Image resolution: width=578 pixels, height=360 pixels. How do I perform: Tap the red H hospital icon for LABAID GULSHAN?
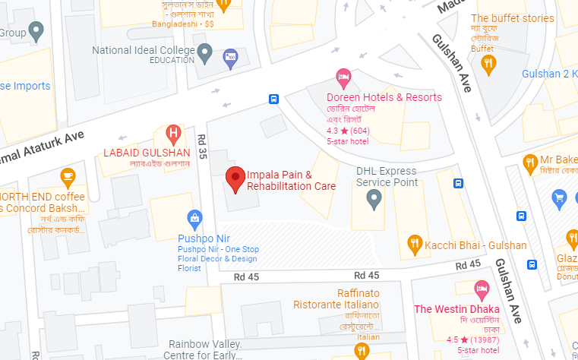coord(173,135)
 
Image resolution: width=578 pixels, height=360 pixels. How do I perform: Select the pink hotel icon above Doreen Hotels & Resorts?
coord(343,77)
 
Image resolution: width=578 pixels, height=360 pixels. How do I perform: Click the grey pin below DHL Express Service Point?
coord(373,199)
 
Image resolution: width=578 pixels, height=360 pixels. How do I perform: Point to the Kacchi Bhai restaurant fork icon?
coord(415,244)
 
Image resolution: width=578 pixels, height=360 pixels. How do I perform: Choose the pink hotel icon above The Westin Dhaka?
coord(480,289)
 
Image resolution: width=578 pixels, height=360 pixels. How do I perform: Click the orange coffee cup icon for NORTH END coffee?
coord(68,177)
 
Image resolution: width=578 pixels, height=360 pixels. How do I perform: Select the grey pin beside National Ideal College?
coord(204,52)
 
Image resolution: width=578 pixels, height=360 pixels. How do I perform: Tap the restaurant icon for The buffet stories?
coord(488,63)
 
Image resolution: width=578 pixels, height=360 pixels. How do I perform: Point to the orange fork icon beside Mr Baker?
coord(530,161)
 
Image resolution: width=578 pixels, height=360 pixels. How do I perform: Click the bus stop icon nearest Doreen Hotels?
coord(273,99)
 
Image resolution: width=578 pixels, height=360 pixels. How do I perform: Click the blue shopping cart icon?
coord(561,199)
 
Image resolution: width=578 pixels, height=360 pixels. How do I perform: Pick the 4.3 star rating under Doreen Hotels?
coord(348,130)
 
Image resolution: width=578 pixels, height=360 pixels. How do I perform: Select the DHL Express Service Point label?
coord(387,176)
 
